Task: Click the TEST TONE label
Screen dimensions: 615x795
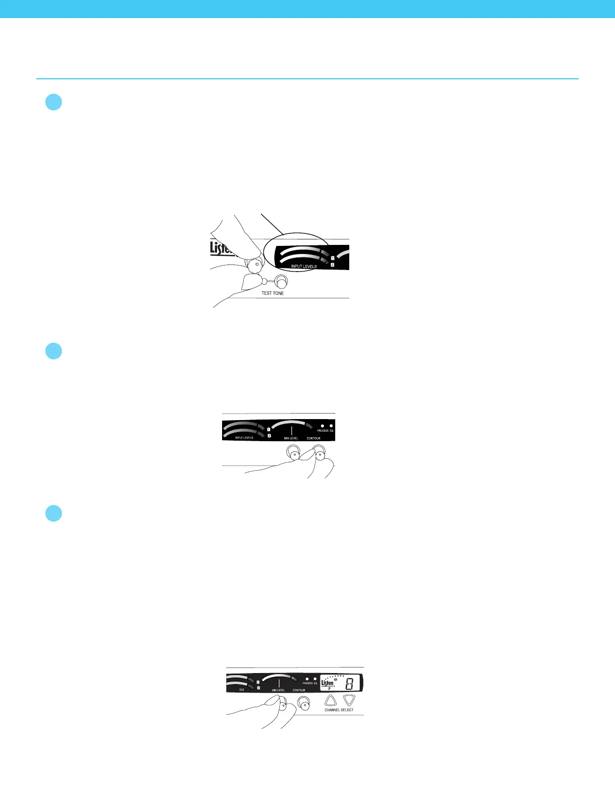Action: tap(272, 293)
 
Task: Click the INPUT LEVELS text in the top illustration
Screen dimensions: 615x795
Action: tap(304, 267)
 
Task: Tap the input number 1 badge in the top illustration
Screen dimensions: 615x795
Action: tap(333, 258)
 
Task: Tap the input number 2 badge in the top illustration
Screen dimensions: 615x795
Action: tap(333, 264)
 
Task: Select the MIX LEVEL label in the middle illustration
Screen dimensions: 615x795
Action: tap(291, 438)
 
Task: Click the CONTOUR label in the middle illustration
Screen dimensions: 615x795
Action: tap(314, 438)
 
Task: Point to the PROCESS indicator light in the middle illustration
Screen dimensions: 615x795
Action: tap(323, 426)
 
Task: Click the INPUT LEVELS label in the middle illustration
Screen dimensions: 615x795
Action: tap(244, 438)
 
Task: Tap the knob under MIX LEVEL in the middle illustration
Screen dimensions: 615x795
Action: tap(293, 454)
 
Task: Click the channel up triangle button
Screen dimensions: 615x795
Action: tap(330, 700)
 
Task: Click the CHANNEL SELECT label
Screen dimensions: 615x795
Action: tap(339, 710)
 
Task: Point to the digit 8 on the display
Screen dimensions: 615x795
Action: tap(350, 684)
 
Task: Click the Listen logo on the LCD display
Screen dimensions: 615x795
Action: tap(328, 683)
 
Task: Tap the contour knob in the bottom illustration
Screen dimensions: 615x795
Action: tap(303, 704)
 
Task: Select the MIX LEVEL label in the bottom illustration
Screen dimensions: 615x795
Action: tap(278, 690)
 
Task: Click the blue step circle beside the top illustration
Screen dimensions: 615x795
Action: tap(53, 102)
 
